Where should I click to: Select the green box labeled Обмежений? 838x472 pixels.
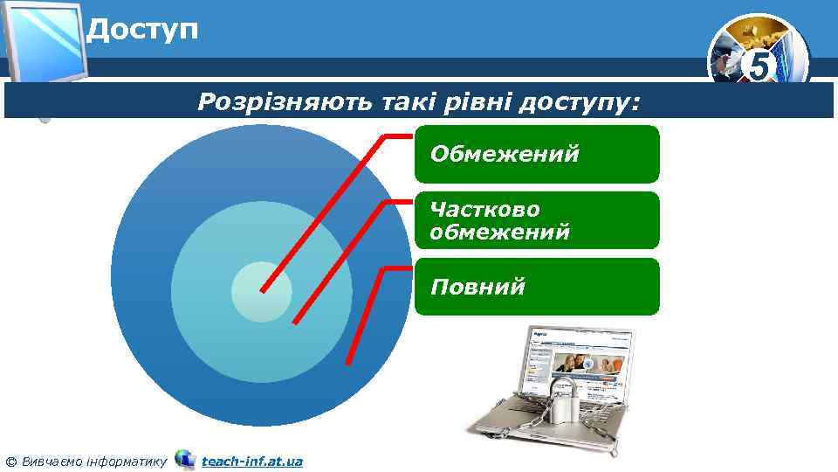[x=536, y=154]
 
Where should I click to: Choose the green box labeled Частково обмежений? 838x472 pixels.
[x=536, y=220]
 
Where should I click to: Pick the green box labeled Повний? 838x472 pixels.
[x=536, y=287]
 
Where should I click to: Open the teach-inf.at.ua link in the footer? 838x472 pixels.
[x=251, y=461]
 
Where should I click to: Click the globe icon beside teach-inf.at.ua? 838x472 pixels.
[x=185, y=459]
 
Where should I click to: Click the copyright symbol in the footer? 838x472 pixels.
[x=10, y=461]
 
